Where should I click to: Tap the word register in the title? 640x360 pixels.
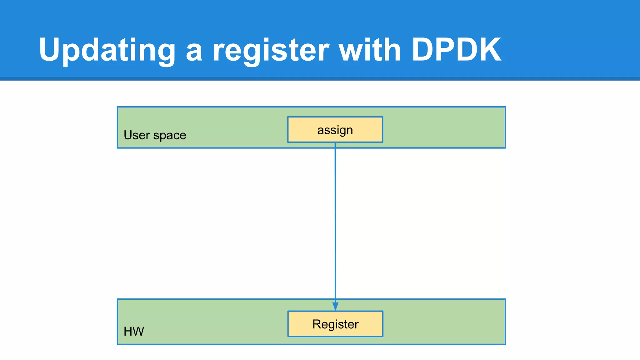coord(271,50)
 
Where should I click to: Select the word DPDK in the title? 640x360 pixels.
coord(456,50)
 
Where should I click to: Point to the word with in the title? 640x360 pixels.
coord(370,50)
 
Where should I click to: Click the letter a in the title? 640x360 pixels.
coord(194,52)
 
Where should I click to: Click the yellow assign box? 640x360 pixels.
coord(335,130)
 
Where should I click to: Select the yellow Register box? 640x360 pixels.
coord(335,324)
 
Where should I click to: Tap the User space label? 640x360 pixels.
coord(155,135)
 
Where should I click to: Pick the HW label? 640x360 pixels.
coord(134,331)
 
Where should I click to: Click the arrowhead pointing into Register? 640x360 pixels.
coord(335,306)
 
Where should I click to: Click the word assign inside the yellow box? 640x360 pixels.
coord(335,130)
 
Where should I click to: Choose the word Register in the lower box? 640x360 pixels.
coord(335,324)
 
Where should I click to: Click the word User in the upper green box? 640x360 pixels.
coord(137,135)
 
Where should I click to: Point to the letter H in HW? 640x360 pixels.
coord(128,331)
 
